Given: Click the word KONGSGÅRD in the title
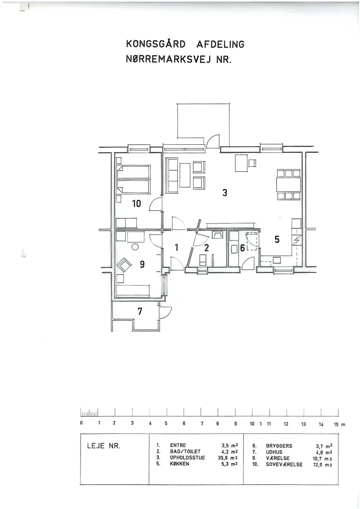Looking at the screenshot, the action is coord(155,44).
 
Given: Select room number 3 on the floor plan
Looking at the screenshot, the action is coord(225,193).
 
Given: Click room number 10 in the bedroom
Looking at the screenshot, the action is coord(136,204).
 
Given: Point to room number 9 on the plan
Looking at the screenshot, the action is coord(142,264).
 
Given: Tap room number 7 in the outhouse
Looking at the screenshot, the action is coord(139,311).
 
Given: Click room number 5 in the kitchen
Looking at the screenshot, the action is coord(277,240).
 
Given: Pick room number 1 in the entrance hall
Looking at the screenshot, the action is coord(176,248).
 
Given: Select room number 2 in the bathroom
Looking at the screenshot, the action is coord(206,248).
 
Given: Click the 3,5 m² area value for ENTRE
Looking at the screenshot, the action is coord(229,446).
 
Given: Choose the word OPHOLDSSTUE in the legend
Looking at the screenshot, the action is coord(188,458).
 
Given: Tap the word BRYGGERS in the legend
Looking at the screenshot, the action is coord(279,446).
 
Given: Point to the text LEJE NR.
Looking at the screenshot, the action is coord(103,446).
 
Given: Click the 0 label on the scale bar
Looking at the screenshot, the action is coord(81,423).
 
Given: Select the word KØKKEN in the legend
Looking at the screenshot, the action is coord(180,464).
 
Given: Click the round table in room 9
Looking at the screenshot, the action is coord(135,247).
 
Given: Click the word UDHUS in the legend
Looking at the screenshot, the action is coord(274,452).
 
